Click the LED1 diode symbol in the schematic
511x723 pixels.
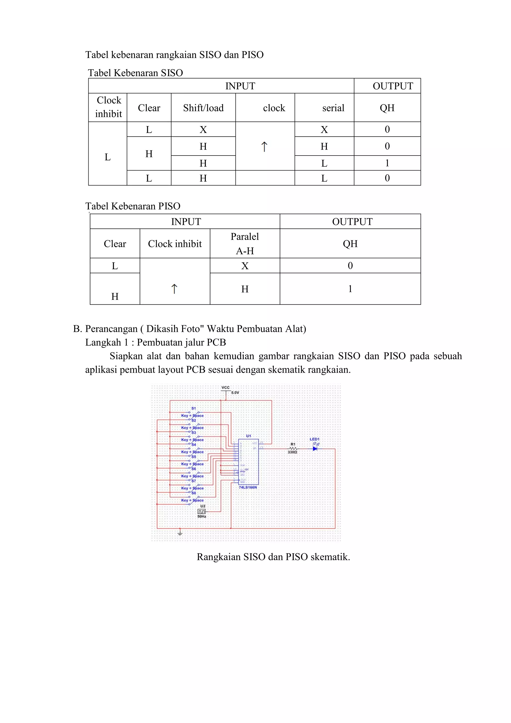pyautogui.click(x=315, y=448)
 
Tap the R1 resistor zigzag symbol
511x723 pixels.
pyautogui.click(x=293, y=448)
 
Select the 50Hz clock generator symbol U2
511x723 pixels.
pyautogui.click(x=201, y=511)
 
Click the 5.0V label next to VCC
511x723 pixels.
pyautogui.click(x=235, y=393)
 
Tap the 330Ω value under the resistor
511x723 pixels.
pyautogui.click(x=292, y=452)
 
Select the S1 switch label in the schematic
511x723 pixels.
pyautogui.click(x=194, y=408)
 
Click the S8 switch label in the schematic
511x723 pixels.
pyautogui.click(x=194, y=493)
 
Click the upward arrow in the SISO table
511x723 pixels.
pyautogui.click(x=264, y=147)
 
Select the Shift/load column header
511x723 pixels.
pyautogui.click(x=203, y=108)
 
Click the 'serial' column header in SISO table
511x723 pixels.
pyautogui.click(x=333, y=108)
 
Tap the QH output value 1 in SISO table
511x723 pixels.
pyautogui.click(x=387, y=163)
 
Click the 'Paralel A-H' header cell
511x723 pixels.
pyautogui.click(x=245, y=243)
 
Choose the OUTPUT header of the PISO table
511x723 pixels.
pyautogui.click(x=352, y=222)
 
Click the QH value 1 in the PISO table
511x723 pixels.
pyautogui.click(x=350, y=289)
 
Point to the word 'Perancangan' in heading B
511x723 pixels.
pyautogui.click(x=111, y=329)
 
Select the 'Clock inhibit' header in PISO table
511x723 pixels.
pyautogui.click(x=175, y=244)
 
